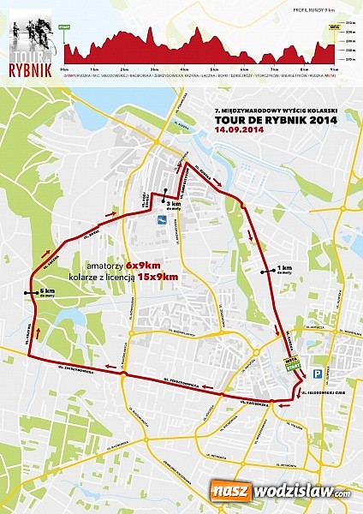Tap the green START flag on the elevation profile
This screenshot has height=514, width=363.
click(65, 28)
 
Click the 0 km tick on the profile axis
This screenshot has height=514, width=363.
click(65, 67)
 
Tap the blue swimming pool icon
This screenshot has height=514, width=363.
click(160, 220)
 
